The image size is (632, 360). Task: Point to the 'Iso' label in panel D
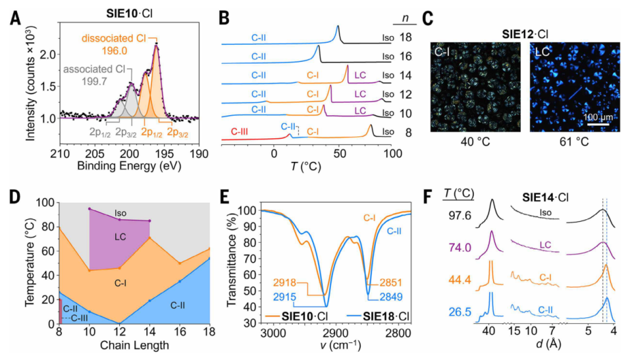coord(120,213)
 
